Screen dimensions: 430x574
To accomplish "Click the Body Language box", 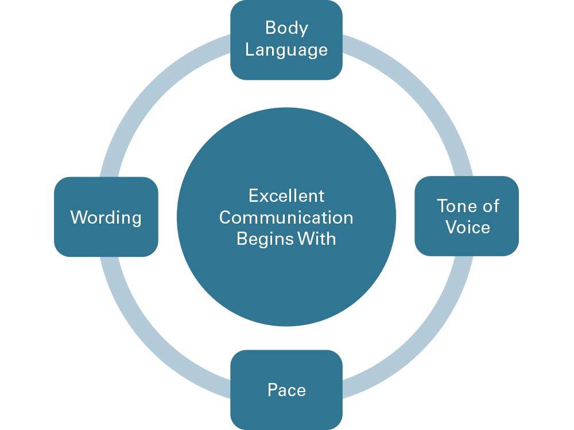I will [286, 39].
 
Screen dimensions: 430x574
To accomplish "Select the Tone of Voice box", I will [467, 216].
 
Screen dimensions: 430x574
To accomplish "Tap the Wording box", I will [106, 217].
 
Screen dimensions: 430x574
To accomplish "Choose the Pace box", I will [286, 390].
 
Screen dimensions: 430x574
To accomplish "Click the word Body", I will [286, 28].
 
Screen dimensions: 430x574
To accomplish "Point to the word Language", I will [286, 50].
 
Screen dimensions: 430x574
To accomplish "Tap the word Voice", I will [468, 227].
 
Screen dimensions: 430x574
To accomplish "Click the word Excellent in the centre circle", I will [286, 196].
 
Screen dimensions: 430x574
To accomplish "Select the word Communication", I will [286, 217].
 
